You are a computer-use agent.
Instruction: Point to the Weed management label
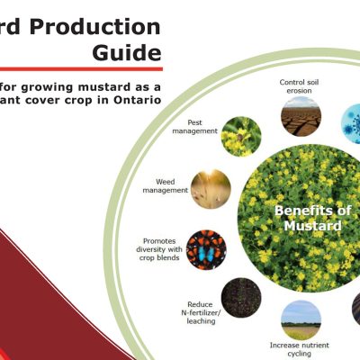(x=165, y=186)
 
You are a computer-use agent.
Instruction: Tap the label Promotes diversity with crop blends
(x=158, y=245)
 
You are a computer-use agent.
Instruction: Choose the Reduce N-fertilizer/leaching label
(x=199, y=310)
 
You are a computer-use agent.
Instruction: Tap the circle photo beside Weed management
(x=210, y=189)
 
